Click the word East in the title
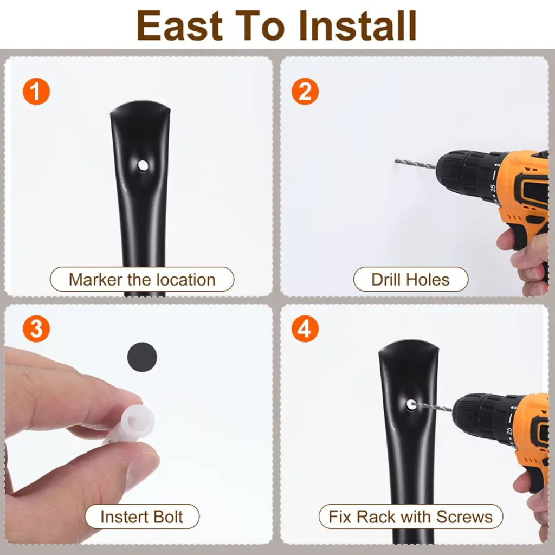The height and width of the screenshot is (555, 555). coord(180,25)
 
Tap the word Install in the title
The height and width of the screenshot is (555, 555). coord(357,25)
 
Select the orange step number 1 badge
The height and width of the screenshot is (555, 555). coord(36,91)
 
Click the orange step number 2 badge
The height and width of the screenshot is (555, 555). coord(305,91)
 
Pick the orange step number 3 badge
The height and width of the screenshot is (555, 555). coord(36,328)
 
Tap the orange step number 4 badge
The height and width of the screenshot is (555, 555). coord(305,328)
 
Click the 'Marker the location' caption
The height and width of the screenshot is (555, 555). coord(142,279)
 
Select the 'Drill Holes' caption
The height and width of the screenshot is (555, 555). coord(411,279)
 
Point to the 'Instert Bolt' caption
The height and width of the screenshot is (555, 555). coord(142,517)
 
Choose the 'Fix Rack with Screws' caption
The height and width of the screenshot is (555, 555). coord(411,517)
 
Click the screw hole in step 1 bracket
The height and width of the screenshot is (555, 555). coord(143,165)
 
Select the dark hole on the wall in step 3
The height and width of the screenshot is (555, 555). coord(142,357)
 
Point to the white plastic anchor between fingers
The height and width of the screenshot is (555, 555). coord(132,423)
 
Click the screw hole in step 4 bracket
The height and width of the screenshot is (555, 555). coord(411,404)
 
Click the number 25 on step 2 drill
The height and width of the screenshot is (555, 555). coord(493,188)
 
